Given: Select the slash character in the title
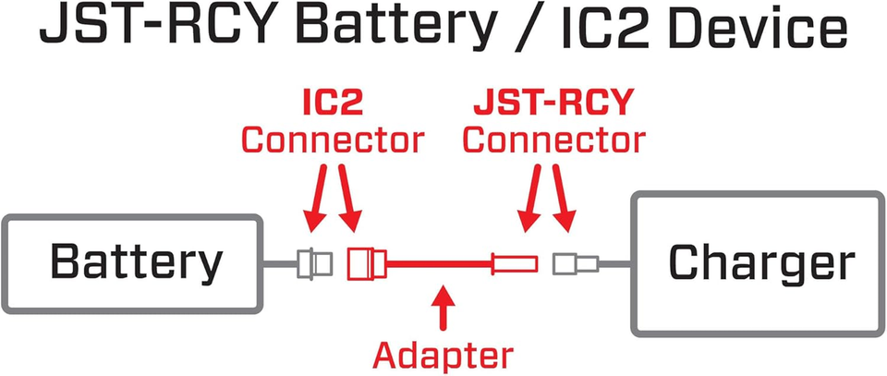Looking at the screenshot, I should point(534,31).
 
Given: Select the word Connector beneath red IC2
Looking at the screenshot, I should point(332,140).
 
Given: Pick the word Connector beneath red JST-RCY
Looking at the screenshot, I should point(553,140).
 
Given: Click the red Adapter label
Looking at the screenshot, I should point(443,354).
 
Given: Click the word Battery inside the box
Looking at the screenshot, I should point(136,263).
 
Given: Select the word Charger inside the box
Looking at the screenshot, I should point(760,263).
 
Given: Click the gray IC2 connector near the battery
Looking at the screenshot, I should point(313,265).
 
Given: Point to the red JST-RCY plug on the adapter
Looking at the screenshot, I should point(515,265).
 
